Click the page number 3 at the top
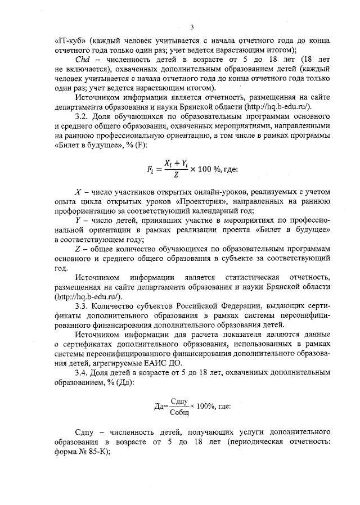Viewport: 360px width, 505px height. click(x=191, y=27)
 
